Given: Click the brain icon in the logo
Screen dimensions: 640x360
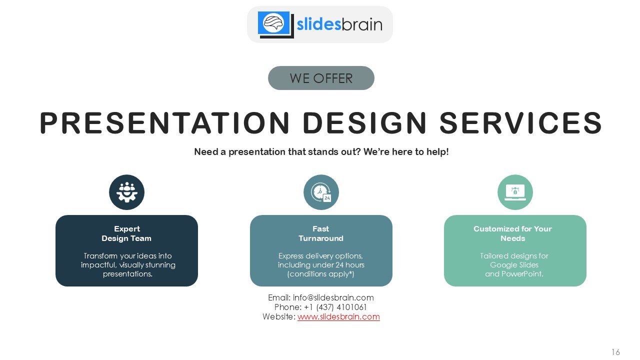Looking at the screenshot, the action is (x=273, y=23).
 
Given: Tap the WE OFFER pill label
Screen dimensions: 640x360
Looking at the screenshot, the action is (x=321, y=78).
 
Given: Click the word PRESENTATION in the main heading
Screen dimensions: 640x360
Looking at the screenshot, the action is (x=164, y=123).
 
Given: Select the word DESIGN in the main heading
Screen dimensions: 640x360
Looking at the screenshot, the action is (x=364, y=123).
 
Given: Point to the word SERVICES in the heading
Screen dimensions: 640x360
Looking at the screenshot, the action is (x=521, y=123).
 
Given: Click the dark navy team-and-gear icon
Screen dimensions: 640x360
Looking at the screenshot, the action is (x=126, y=192).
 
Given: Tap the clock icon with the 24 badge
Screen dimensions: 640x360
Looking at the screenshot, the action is (x=321, y=192).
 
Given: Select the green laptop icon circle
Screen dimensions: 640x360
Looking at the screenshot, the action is (x=515, y=192).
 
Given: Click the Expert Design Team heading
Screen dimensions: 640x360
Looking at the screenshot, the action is (x=126, y=233).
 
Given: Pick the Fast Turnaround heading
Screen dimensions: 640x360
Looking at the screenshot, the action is (x=321, y=233).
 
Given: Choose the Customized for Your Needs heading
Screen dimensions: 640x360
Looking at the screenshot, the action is (x=512, y=233).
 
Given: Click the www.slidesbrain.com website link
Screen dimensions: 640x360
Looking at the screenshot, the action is (x=338, y=316).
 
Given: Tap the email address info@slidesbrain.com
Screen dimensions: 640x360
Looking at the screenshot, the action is (x=333, y=297).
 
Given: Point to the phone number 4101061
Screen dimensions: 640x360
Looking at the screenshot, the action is (x=351, y=307).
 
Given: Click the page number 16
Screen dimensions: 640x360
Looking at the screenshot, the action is (x=615, y=351).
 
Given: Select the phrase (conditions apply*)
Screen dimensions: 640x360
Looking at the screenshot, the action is (x=320, y=274).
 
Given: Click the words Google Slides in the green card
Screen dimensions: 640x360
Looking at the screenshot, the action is (x=514, y=265).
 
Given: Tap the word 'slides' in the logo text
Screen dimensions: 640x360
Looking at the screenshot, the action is (x=319, y=24).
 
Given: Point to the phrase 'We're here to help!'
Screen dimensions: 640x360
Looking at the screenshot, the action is (x=406, y=151).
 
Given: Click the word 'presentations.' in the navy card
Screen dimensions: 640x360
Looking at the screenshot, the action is (x=127, y=274).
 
